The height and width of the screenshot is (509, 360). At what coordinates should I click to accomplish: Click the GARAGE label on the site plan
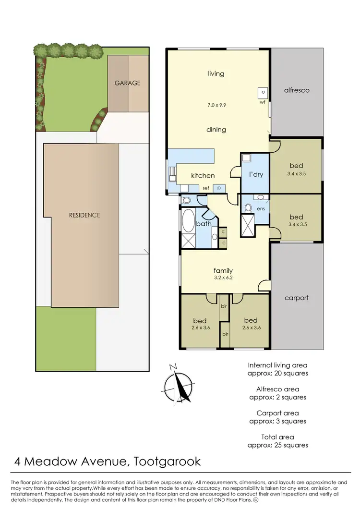click(x=127, y=83)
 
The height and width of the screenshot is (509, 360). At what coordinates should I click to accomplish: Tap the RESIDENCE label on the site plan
click(x=84, y=215)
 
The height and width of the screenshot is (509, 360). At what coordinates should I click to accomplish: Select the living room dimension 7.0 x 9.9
click(x=216, y=104)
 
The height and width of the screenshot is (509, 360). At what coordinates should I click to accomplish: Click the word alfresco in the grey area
click(x=297, y=90)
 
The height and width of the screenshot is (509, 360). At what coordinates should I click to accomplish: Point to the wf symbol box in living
click(x=263, y=93)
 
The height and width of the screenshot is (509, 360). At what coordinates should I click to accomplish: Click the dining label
click(x=216, y=130)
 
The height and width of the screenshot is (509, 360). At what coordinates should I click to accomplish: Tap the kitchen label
click(x=203, y=176)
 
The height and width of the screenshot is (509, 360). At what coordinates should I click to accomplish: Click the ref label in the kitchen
click(x=205, y=188)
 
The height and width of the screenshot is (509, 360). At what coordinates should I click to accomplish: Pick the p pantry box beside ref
click(x=219, y=188)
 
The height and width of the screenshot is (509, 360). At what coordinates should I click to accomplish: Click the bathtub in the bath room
click(x=188, y=221)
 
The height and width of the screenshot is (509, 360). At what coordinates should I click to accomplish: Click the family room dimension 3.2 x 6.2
click(x=223, y=278)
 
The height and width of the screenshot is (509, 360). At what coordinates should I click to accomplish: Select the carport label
click(x=297, y=298)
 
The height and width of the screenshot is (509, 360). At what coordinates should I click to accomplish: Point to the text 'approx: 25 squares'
click(x=278, y=445)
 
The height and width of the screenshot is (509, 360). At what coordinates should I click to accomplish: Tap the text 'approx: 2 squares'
click(x=278, y=397)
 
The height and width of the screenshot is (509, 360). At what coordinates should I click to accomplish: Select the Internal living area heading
click(x=278, y=365)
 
